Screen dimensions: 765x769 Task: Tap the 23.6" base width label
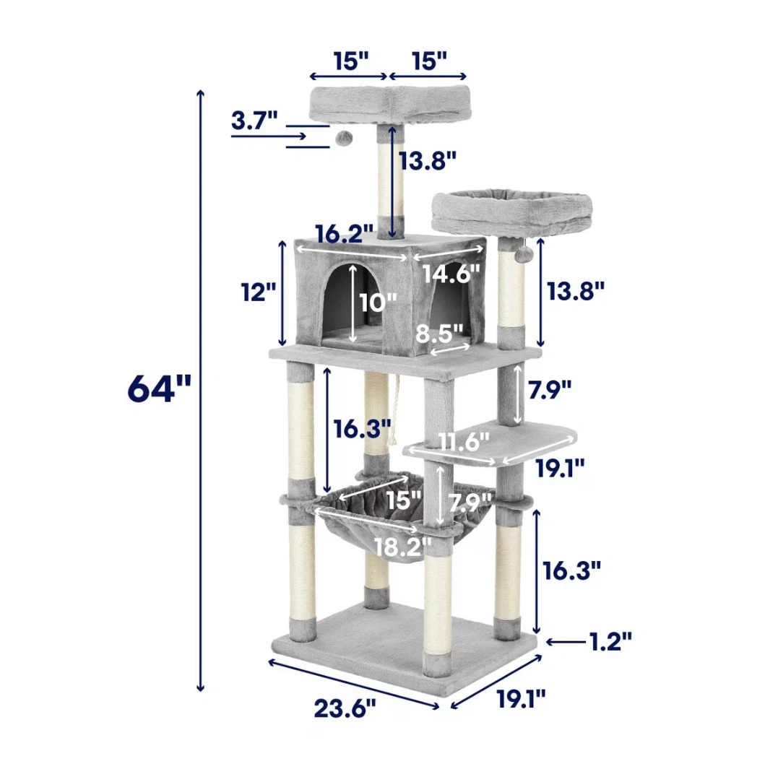point(345,708)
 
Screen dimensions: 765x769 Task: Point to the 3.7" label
point(254,120)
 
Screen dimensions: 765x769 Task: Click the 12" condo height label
point(258,292)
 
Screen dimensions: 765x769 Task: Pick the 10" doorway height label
point(377,303)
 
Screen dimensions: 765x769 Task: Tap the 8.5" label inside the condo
point(440,334)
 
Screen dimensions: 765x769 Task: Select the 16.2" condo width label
point(345,233)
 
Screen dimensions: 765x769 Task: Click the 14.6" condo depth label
point(451,273)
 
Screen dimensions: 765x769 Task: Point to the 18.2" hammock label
point(403,547)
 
